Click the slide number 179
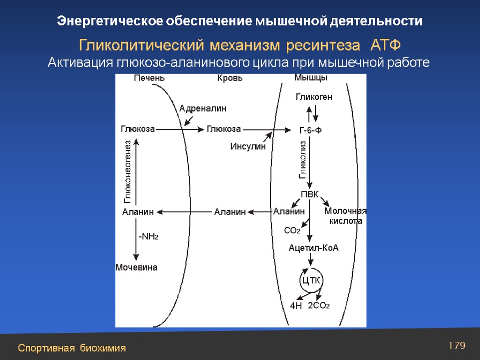(x=457, y=346)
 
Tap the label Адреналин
(x=202, y=108)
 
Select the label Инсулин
(x=247, y=147)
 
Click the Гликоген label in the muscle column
(x=314, y=97)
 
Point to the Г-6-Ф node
(x=310, y=130)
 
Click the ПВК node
(x=309, y=194)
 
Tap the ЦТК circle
(x=311, y=281)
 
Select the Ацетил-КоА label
(x=313, y=248)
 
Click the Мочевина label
(x=136, y=268)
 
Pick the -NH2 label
(x=148, y=237)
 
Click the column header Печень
(x=149, y=78)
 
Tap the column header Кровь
(x=230, y=78)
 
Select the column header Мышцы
(x=310, y=77)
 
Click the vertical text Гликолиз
(x=302, y=160)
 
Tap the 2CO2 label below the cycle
(x=319, y=306)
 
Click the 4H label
(x=296, y=306)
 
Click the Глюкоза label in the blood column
(x=224, y=129)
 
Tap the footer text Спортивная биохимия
(x=72, y=348)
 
